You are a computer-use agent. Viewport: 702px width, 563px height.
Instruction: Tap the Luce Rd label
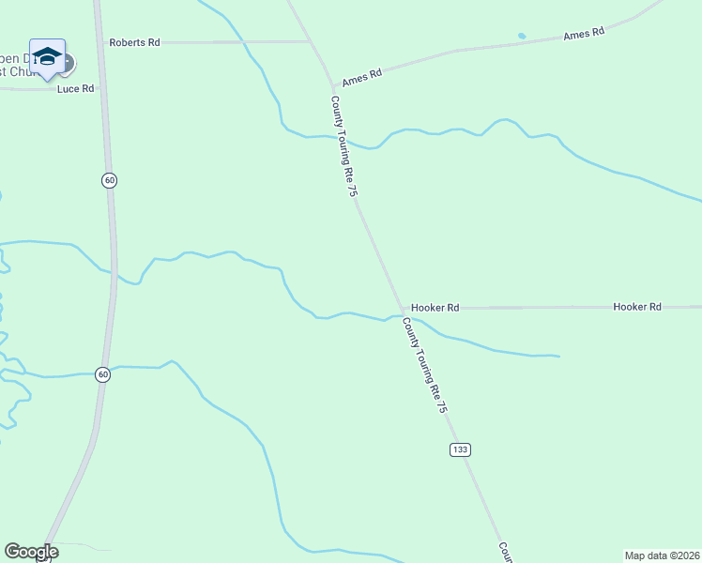(x=76, y=89)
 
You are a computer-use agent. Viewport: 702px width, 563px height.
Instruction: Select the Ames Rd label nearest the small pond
(x=583, y=34)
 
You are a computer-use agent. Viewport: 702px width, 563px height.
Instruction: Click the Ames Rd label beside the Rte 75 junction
(x=361, y=77)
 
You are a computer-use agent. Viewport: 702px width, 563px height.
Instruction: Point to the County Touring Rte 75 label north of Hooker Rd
(x=344, y=146)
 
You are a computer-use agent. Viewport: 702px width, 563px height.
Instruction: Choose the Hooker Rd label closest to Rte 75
(x=435, y=308)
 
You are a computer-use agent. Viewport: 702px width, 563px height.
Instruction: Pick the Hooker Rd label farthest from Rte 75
(x=637, y=307)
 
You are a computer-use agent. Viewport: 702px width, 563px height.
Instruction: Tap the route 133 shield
(x=460, y=449)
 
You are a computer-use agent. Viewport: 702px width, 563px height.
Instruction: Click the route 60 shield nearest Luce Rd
(x=110, y=180)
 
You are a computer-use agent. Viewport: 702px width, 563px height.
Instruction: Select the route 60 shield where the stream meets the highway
(x=103, y=374)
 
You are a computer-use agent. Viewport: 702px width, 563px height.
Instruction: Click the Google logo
(x=31, y=552)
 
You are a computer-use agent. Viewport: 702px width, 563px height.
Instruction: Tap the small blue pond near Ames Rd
(x=522, y=37)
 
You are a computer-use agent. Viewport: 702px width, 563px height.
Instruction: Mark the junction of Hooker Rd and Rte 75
(x=403, y=309)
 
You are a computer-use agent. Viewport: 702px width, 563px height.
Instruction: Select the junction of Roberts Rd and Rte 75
(x=311, y=42)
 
